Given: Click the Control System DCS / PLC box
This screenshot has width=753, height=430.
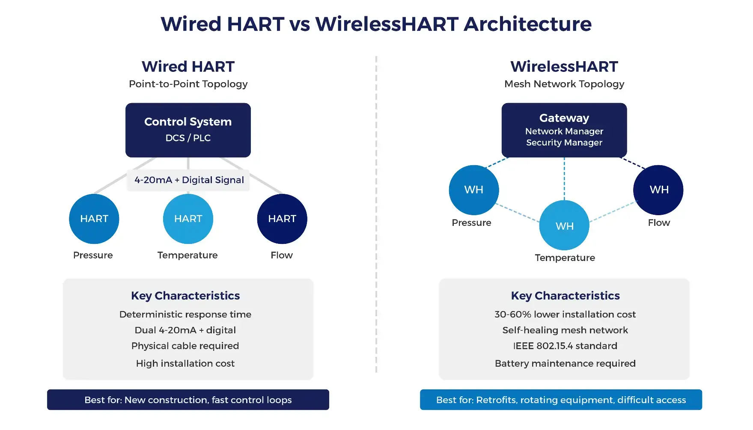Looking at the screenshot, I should (x=188, y=130).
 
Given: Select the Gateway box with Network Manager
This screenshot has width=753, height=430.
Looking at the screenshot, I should (x=564, y=130).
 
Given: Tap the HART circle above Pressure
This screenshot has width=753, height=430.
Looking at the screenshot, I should (x=94, y=219).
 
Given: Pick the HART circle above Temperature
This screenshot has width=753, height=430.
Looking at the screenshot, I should (x=188, y=219).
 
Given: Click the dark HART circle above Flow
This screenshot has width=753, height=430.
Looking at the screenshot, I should (x=282, y=219).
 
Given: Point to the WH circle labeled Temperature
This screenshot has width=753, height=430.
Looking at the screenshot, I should (x=564, y=225).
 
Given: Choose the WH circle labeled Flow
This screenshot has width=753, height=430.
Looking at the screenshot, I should (x=658, y=190).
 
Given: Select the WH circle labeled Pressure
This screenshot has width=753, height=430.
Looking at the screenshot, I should (x=473, y=190).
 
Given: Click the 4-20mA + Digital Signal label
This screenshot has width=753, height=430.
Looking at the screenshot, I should (x=189, y=180).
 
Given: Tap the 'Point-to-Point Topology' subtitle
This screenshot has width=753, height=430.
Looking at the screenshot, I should (x=188, y=84).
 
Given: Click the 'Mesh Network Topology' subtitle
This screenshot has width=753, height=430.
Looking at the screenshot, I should (x=564, y=84).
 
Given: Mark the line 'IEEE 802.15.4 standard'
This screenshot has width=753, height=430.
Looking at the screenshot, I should (x=565, y=346).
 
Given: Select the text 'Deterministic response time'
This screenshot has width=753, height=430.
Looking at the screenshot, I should (x=185, y=314).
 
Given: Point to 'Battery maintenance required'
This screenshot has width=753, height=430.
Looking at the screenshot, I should (x=565, y=363).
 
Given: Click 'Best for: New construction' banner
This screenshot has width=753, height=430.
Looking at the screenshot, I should (x=188, y=400).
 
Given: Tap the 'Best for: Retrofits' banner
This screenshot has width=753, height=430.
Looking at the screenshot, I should (x=561, y=400).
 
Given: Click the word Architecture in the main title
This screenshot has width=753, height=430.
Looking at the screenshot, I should (x=527, y=24).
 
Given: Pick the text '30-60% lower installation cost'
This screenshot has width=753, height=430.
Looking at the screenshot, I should (x=565, y=314).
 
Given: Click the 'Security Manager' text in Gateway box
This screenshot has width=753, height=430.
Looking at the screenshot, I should (x=564, y=142).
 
